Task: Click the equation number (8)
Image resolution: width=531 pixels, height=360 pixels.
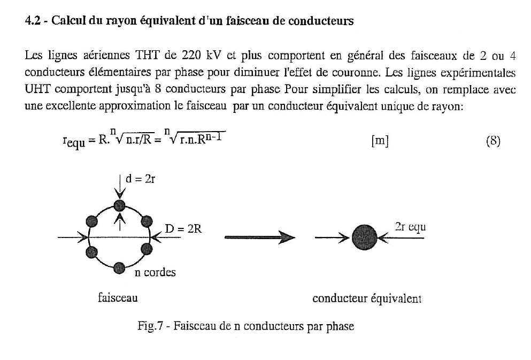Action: (x=492, y=142)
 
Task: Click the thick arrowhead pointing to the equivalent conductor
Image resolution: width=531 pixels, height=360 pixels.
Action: (x=287, y=236)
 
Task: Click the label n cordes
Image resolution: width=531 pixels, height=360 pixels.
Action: (x=155, y=273)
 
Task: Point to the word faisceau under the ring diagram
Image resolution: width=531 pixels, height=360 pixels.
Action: (x=118, y=297)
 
